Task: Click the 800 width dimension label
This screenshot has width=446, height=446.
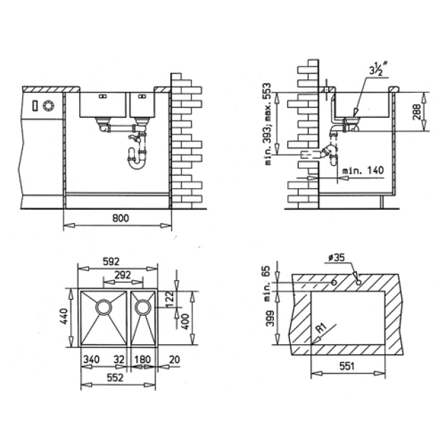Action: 121,219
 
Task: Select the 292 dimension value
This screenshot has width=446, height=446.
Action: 123,275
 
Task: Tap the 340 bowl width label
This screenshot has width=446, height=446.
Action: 91,360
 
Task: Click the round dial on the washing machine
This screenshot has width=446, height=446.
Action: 49,106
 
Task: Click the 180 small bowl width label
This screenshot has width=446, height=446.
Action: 142,360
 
